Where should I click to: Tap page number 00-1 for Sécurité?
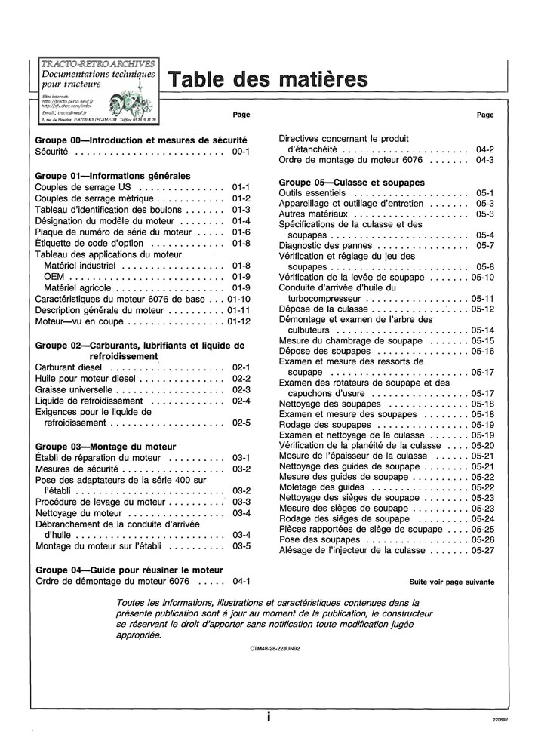click(x=241, y=152)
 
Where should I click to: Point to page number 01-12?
click(x=238, y=321)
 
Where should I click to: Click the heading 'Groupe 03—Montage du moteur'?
click(x=106, y=446)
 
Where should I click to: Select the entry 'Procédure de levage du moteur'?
click(x=100, y=502)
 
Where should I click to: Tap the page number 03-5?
click(x=241, y=545)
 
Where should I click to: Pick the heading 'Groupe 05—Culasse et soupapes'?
click(x=351, y=182)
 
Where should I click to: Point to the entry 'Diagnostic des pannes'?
click(x=326, y=246)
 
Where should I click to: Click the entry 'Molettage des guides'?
click(x=321, y=487)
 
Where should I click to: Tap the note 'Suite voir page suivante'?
click(x=452, y=582)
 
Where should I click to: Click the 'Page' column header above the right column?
click(x=486, y=115)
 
